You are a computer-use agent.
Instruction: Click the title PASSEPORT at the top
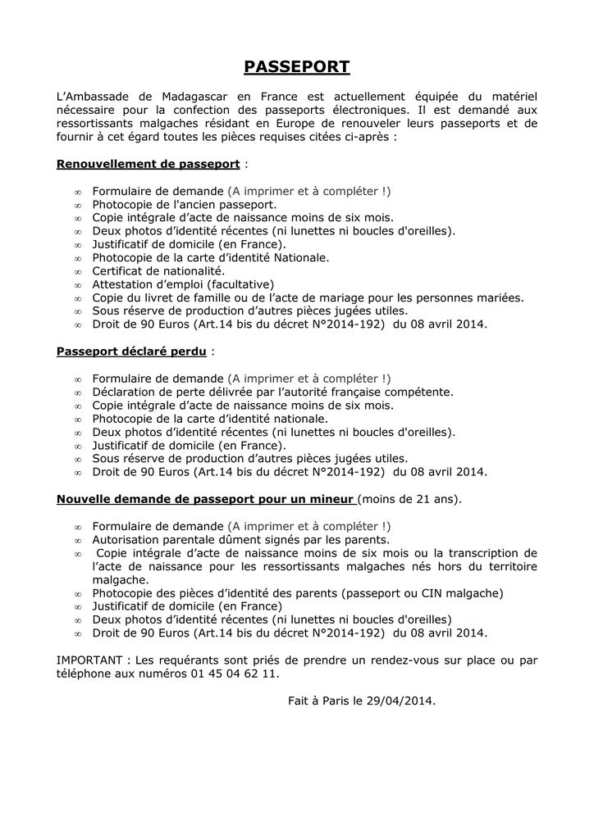(297, 67)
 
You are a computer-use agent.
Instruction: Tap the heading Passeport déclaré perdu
(131, 351)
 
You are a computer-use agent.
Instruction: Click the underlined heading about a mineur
(205, 498)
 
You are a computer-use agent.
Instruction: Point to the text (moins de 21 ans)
(410, 498)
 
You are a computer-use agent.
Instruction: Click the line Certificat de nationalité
(158, 270)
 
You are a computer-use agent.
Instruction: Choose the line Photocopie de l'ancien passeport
(184, 204)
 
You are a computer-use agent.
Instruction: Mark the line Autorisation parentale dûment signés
(240, 539)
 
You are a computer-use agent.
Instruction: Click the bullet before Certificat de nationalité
(78, 271)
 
